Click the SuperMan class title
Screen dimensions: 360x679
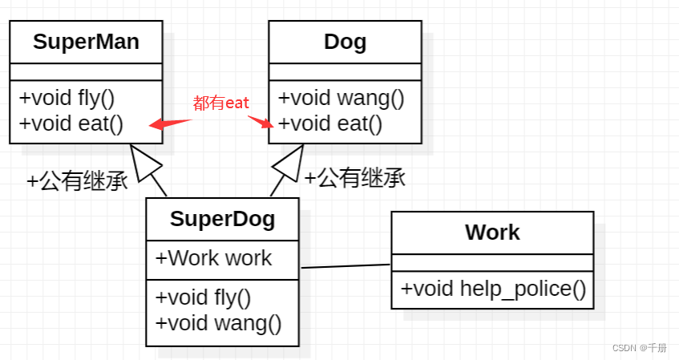(86, 42)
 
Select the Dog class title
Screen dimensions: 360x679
(345, 42)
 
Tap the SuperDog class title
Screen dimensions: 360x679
(222, 219)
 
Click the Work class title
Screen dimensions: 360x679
(492, 233)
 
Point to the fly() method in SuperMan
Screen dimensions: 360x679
(67, 99)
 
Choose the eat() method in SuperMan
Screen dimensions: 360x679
(71, 123)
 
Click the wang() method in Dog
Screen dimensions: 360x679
(341, 99)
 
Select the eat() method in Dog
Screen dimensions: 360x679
(330, 123)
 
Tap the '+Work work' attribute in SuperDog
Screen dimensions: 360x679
(213, 258)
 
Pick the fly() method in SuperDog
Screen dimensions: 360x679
(204, 297)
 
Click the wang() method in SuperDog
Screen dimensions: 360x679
(219, 323)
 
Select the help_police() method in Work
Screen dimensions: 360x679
(493, 289)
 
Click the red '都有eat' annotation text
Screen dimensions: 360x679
(221, 103)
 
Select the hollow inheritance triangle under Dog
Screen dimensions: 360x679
(288, 163)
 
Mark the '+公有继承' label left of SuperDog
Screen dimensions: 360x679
(77, 181)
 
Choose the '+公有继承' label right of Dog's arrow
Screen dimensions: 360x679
(354, 177)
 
